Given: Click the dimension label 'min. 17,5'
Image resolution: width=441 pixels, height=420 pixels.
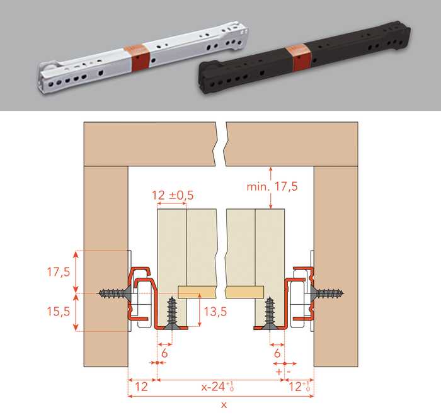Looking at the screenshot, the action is pos(272,186).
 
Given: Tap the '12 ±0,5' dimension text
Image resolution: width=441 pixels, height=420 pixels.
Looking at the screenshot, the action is pos(173,195).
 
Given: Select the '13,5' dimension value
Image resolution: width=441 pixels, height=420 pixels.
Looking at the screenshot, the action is pos(215,312).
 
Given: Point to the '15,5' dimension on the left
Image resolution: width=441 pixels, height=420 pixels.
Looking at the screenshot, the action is pos(58,312).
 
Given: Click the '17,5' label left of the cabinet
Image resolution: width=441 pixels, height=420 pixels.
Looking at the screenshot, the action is pos(58,272).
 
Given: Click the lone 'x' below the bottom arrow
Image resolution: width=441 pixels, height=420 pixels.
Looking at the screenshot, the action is pos(224,405).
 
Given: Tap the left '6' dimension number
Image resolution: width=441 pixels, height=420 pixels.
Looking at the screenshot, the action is pos(164,353).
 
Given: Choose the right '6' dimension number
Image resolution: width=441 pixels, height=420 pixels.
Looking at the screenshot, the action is pos(277,353).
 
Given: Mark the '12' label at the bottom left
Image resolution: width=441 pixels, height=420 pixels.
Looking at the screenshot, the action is pos(141,387).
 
